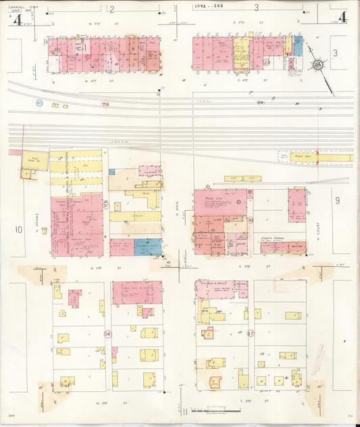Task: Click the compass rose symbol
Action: (x=316, y=65)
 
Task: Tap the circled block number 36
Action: (x=107, y=334)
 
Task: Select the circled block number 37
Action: (x=251, y=334)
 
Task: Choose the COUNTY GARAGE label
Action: (x=272, y=238)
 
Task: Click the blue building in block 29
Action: (x=148, y=247)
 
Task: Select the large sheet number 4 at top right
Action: (x=343, y=16)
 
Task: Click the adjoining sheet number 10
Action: (x=19, y=230)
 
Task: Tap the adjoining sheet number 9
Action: (x=336, y=201)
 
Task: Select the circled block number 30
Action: (x=251, y=220)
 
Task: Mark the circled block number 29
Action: (x=105, y=203)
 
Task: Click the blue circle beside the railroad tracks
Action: (x=38, y=103)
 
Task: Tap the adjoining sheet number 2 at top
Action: (x=111, y=9)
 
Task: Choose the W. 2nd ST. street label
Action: (x=103, y=403)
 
